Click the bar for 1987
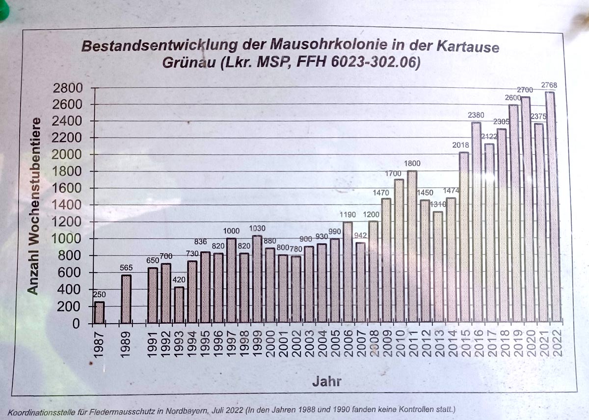pos(99,312)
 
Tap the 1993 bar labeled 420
pos(179,305)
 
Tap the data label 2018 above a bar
pos(460,145)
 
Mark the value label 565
pos(126,268)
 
